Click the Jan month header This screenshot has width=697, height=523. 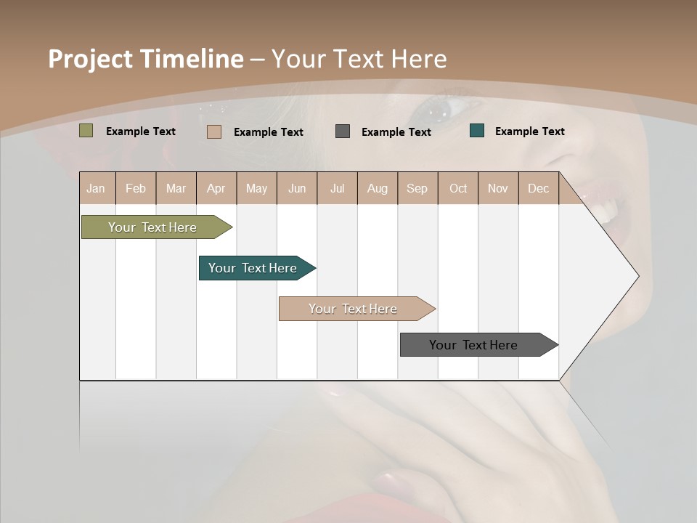pos(96,189)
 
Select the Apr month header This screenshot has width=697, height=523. pos(216,189)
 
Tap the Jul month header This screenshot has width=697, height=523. pos(337,189)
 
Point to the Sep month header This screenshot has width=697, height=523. pos(417,189)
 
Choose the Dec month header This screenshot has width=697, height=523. pos(538,189)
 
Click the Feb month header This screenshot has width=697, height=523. pos(136,189)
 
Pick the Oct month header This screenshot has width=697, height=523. pos(458,189)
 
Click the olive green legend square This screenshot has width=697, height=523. pos(86,131)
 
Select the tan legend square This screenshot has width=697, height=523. pos(213,131)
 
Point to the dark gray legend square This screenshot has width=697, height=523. pos(343,131)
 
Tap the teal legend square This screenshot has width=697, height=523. pos(477,131)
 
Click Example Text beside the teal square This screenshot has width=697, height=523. pos(529,131)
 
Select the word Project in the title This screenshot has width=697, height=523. pos(91,59)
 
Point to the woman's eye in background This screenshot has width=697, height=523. pos(437,109)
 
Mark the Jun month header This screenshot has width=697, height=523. pos(297,189)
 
